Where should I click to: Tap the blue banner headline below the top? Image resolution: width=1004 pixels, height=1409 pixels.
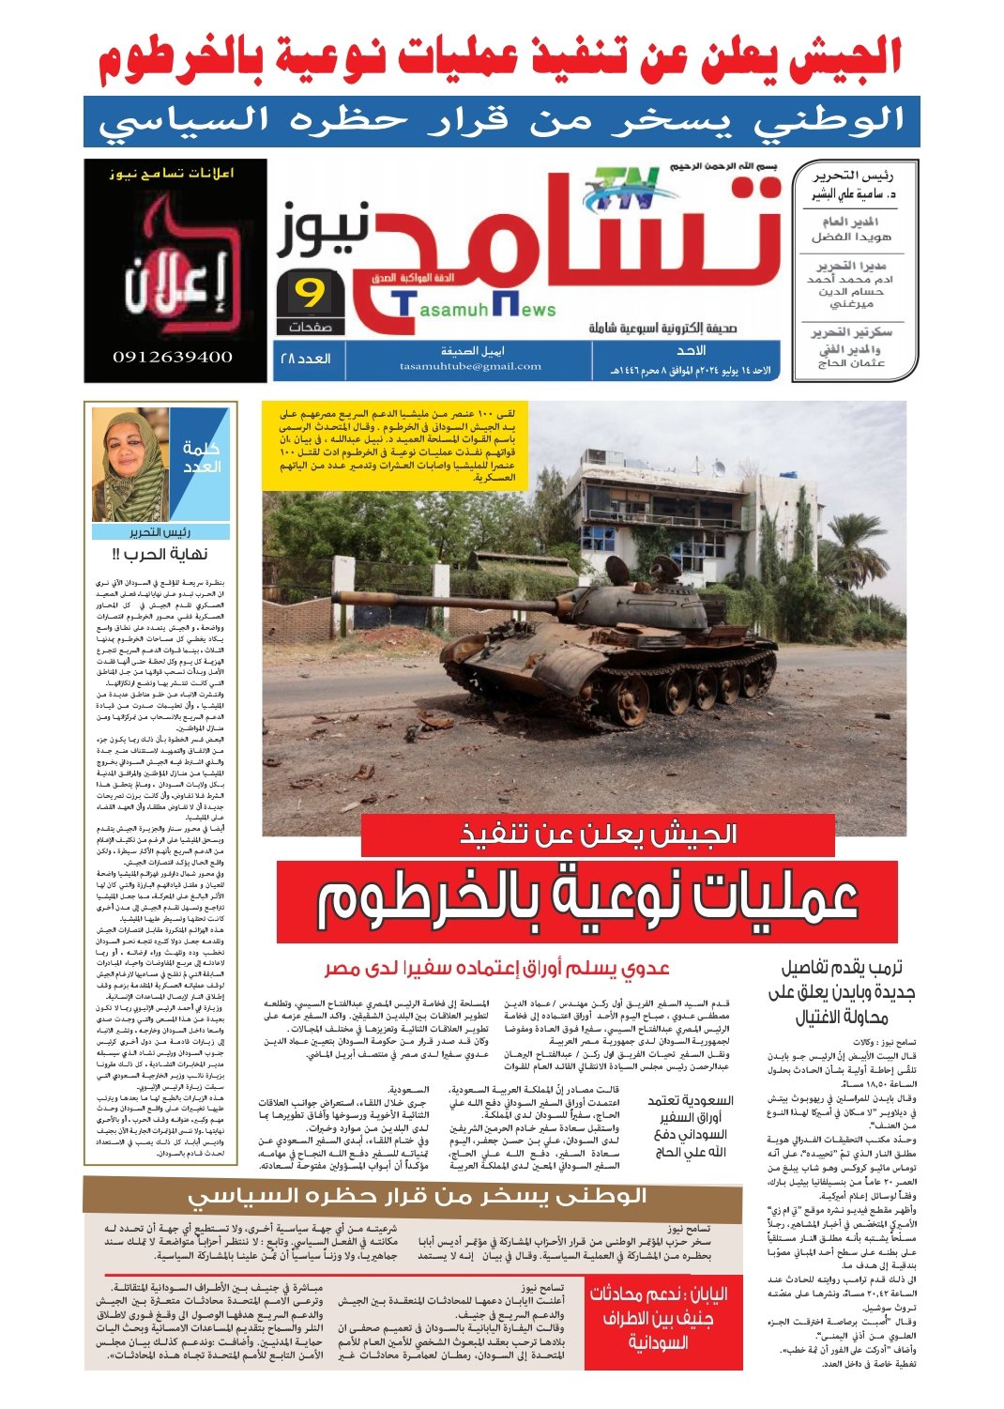coord(501,121)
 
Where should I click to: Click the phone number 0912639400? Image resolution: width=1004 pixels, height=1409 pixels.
coord(173,357)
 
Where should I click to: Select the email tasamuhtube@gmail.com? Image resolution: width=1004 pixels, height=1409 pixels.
coord(470,366)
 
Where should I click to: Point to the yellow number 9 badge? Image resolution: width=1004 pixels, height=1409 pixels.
coord(309,295)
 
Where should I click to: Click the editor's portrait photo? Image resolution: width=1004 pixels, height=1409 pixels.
coord(130,467)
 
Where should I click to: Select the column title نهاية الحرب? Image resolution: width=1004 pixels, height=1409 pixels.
coord(160,554)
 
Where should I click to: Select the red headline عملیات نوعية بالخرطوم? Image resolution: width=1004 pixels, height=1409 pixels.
coord(586,899)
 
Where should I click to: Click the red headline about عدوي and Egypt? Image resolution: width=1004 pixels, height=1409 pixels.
coord(496,968)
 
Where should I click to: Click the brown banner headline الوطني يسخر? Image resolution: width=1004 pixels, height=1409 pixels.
coord(417,1196)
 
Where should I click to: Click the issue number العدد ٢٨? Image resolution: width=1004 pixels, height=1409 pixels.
coord(306,359)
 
